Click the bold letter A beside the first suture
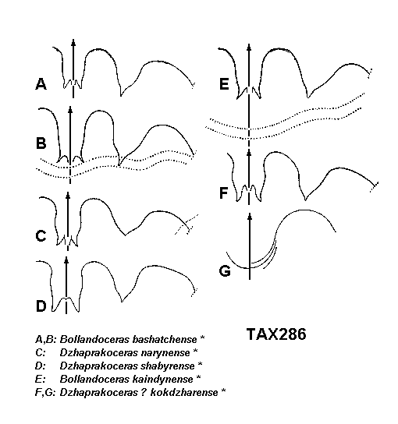pyautogui.click(x=41, y=84)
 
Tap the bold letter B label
pyautogui.click(x=41, y=143)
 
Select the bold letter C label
pyautogui.click(x=41, y=235)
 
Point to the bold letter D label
pyautogui.click(x=41, y=306)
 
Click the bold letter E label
pyautogui.click(x=224, y=84)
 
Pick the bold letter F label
pyautogui.click(x=224, y=193)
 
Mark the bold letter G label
pyautogui.click(x=225, y=271)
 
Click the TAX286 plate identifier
pyautogui.click(x=276, y=334)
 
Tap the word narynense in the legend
pyautogui.click(x=165, y=352)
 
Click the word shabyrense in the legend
pyautogui.click(x=168, y=366)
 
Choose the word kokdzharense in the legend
pyautogui.click(x=184, y=392)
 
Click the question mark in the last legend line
pyautogui.click(x=144, y=392)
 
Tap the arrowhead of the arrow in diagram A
pyautogui.click(x=73, y=42)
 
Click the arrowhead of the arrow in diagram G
pyautogui.click(x=250, y=216)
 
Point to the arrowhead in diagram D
pyautogui.click(x=66, y=260)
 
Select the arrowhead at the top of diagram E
pyautogui.click(x=249, y=47)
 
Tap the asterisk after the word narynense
pyautogui.click(x=195, y=351)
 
